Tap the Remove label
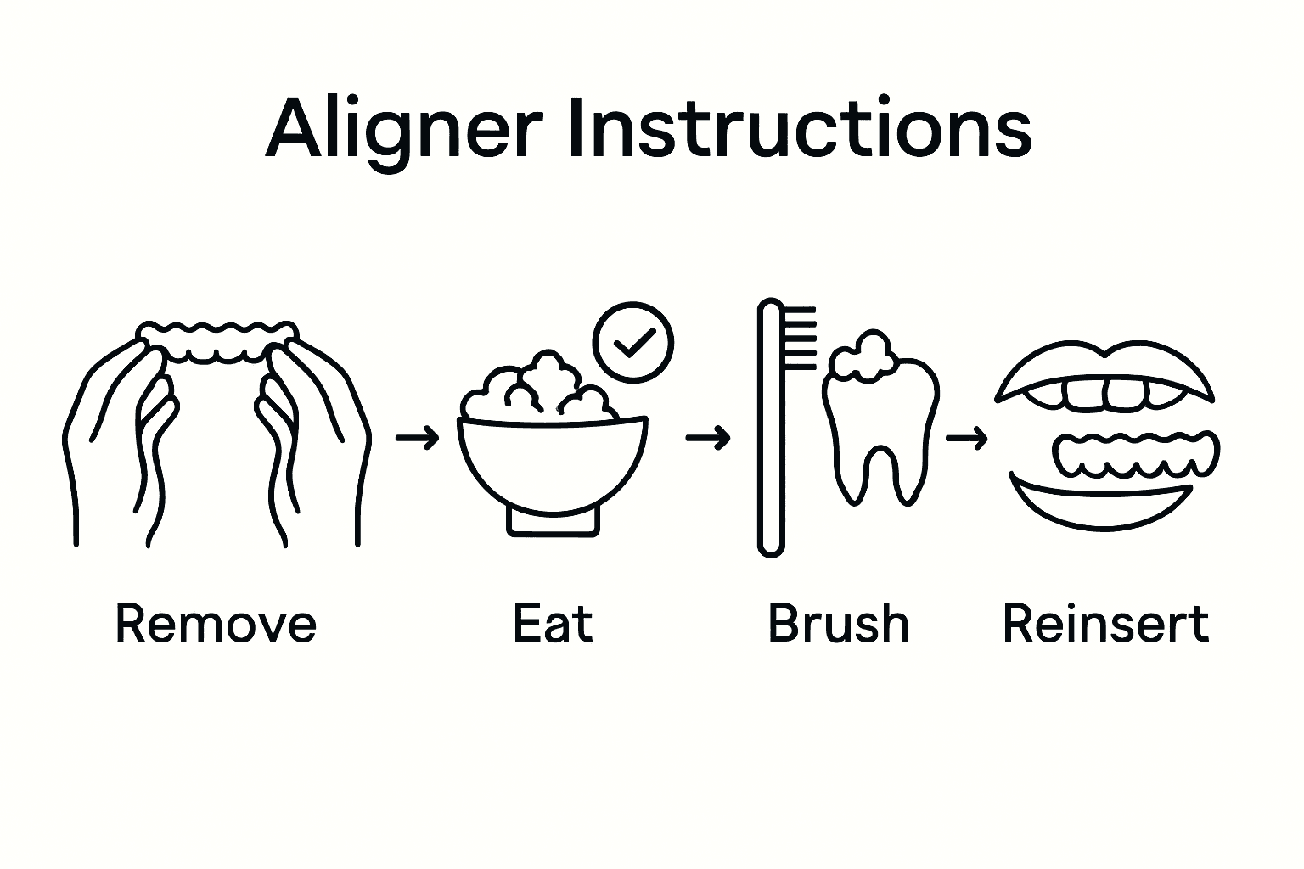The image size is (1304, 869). coord(216,624)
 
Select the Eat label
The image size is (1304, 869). coord(553,624)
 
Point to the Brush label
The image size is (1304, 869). coord(839,624)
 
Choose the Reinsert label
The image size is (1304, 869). coord(1105,624)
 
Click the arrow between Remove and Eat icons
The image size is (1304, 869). coord(418,438)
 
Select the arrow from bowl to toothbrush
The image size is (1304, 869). coord(707,438)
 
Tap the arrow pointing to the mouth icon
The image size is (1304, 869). coord(966,438)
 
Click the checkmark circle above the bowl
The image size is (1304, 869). coord(633,342)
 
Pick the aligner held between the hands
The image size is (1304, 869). coord(220,341)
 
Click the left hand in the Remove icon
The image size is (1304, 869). coord(119,441)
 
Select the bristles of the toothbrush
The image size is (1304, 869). coord(800,339)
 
